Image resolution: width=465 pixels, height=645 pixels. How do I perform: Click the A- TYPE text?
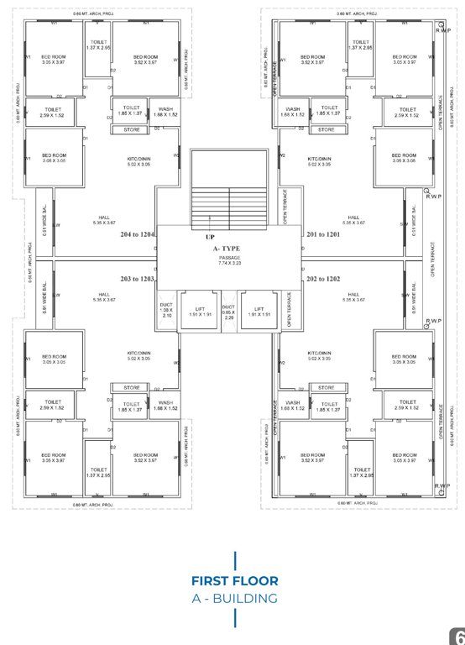(227, 249)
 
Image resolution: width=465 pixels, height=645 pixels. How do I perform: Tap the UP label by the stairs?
(210, 237)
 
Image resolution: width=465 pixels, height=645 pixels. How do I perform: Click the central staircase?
(228, 189)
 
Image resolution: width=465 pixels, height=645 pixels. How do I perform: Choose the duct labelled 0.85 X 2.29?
(228, 312)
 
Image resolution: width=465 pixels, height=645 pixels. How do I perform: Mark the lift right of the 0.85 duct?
(259, 312)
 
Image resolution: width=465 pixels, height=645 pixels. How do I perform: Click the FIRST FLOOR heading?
(234, 580)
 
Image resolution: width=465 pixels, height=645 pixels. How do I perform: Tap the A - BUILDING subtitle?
(234, 598)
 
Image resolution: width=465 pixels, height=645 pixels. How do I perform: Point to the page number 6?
(458, 637)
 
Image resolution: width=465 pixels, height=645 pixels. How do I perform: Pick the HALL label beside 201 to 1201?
(354, 219)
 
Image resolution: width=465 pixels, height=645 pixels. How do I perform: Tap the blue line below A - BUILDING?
(234, 618)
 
